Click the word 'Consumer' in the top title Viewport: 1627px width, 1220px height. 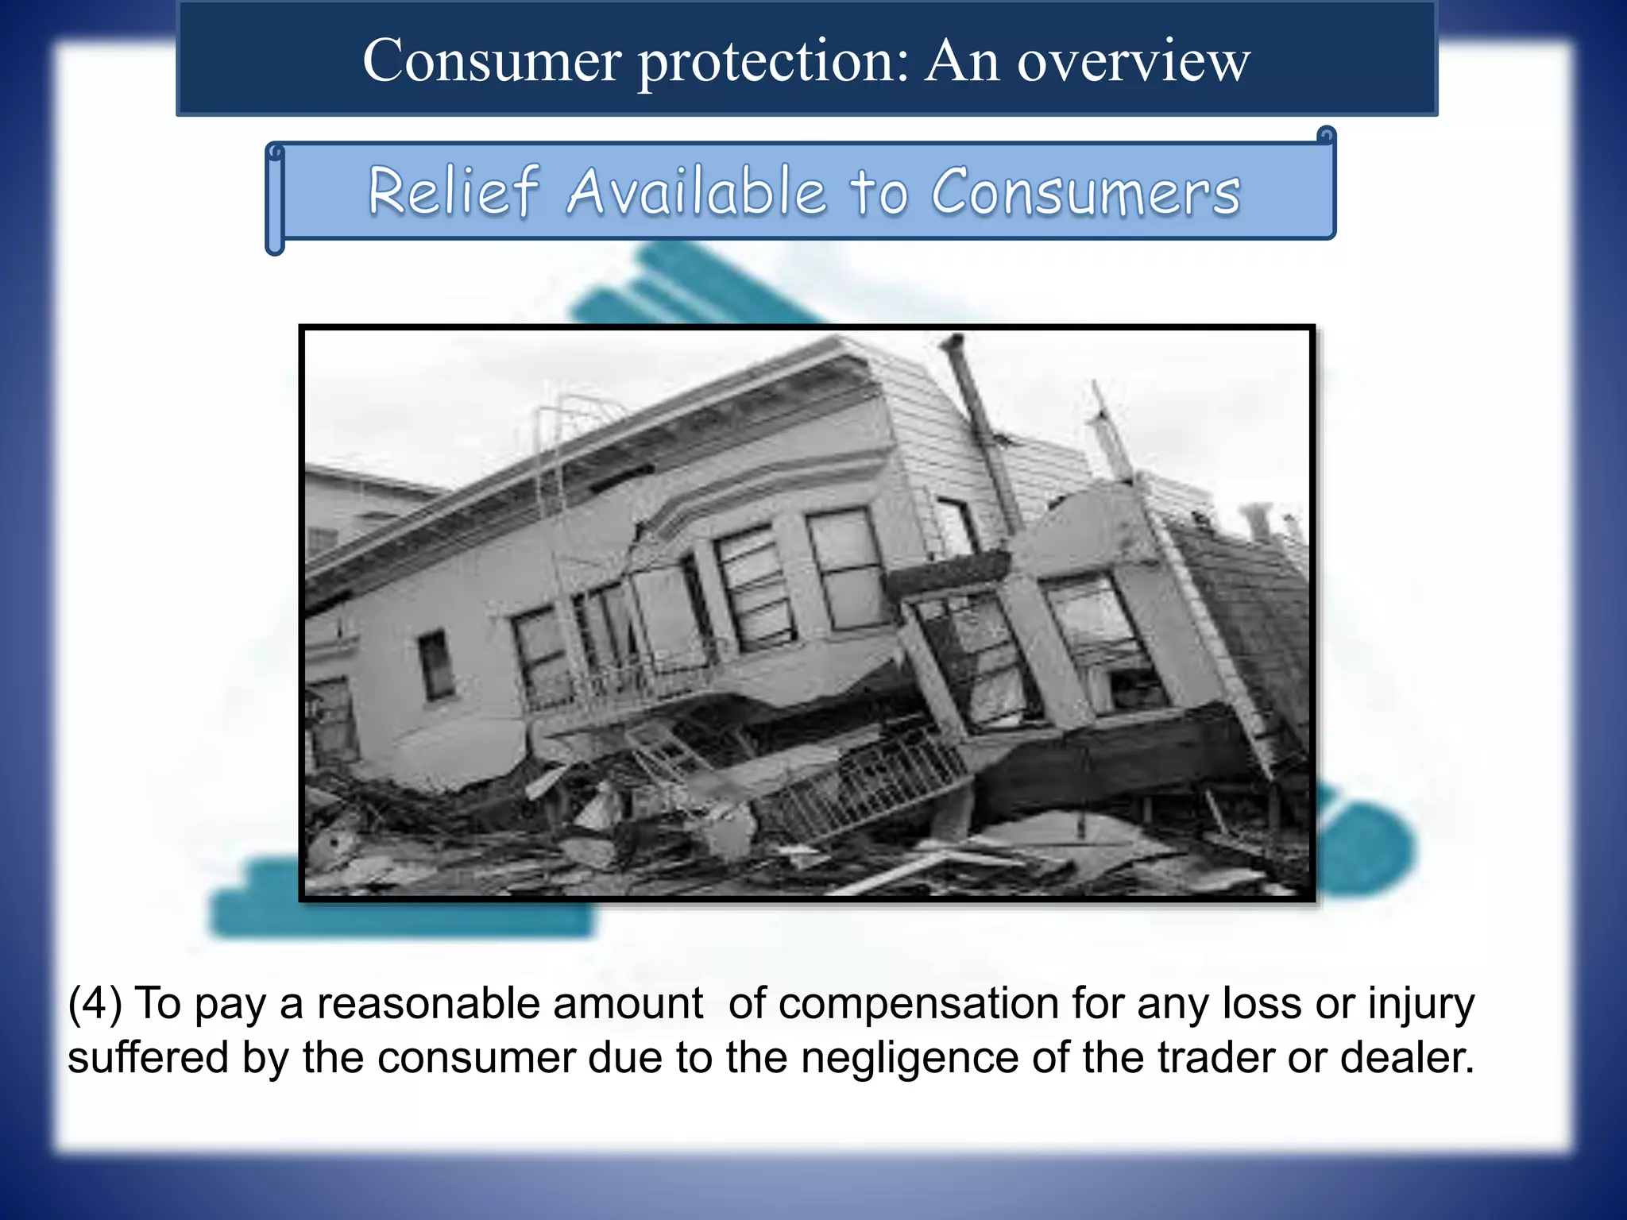click(492, 60)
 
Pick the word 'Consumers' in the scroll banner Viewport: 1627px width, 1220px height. click(1085, 192)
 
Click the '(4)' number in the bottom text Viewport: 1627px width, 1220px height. click(95, 1003)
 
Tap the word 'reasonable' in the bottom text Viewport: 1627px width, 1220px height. click(428, 1003)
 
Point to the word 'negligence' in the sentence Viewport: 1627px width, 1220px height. click(909, 1059)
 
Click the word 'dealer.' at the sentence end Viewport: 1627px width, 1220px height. click(1407, 1057)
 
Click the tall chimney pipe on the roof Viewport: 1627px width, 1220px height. click(980, 429)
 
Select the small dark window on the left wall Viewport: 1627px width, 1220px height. click(435, 666)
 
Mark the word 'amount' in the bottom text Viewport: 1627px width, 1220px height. click(628, 1003)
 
